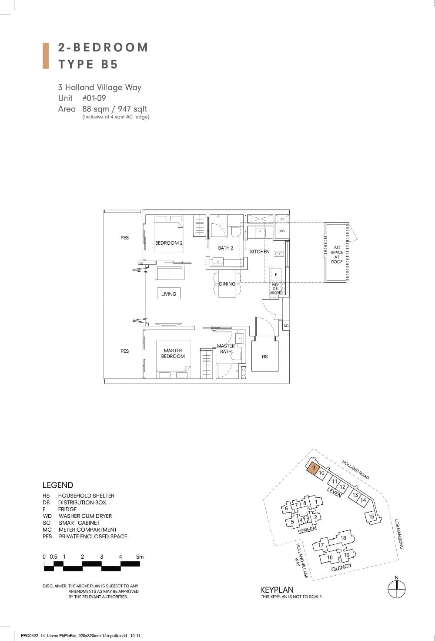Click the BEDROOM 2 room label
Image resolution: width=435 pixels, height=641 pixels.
tap(169, 243)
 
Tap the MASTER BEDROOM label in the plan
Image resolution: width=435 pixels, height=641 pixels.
tap(173, 353)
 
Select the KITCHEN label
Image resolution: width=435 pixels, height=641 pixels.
tap(260, 252)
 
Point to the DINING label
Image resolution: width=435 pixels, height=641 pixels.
tap(227, 284)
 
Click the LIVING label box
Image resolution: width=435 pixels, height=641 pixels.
tap(169, 294)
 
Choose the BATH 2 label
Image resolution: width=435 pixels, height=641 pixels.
tap(226, 248)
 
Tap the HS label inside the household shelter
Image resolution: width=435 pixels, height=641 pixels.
tap(265, 357)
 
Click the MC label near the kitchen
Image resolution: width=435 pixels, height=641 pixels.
tap(282, 231)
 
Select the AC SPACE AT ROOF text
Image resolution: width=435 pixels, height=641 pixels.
tap(337, 254)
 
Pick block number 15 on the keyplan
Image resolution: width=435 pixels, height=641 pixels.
tap(371, 516)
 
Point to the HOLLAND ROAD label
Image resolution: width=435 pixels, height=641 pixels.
tap(355, 469)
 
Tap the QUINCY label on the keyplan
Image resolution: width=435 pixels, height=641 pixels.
tap(341, 567)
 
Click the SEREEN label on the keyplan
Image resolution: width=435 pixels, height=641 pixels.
tap(307, 530)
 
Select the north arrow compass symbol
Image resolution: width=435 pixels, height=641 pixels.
tap(396, 589)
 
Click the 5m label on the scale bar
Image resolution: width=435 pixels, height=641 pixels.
tap(140, 557)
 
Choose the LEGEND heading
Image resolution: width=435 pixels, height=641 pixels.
tap(58, 485)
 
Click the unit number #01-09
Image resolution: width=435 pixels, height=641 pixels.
tap(94, 98)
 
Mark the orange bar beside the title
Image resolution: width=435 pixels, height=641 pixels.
tap(45, 56)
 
